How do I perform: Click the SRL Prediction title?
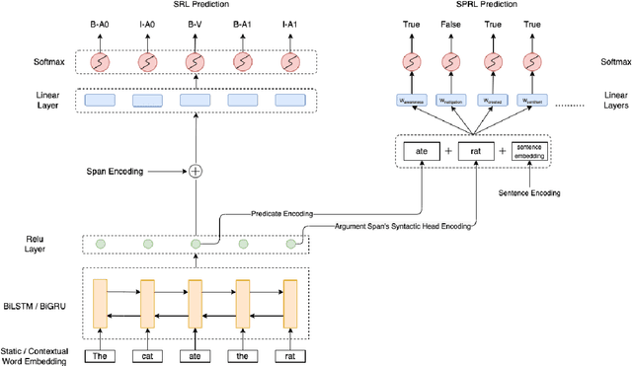coord(196,6)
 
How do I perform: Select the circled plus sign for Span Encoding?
coord(196,171)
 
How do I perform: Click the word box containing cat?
coord(148,355)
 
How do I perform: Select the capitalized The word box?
coord(100,355)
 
